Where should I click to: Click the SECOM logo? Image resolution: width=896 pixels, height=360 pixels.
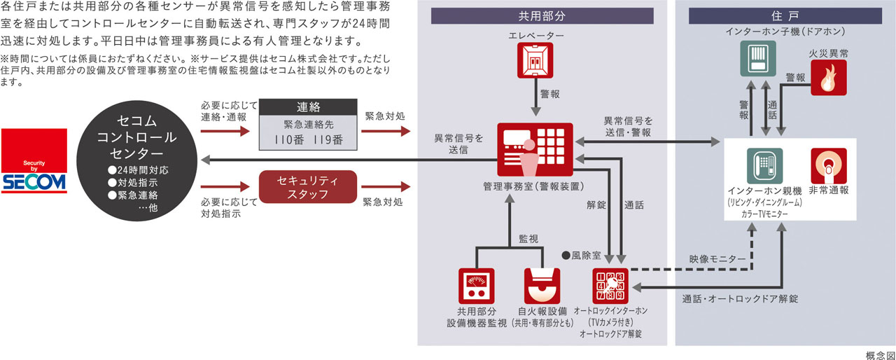click(x=34, y=161)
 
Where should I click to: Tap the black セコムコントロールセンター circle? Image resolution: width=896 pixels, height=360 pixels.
click(x=137, y=161)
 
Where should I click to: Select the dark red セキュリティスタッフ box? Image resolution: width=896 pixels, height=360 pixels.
click(x=308, y=187)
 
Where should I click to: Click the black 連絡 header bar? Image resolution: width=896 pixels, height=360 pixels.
click(x=308, y=108)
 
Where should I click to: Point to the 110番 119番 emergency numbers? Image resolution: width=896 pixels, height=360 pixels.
click(x=308, y=139)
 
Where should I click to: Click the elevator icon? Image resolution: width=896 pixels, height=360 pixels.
click(x=535, y=61)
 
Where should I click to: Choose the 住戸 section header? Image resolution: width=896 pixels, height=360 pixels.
click(x=784, y=15)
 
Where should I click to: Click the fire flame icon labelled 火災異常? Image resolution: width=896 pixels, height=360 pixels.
click(x=828, y=77)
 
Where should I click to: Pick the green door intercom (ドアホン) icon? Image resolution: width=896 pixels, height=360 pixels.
click(x=758, y=59)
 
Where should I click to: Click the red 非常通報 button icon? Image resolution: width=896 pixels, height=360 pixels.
click(x=828, y=165)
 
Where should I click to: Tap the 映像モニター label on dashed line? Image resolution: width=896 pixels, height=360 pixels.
click(x=717, y=260)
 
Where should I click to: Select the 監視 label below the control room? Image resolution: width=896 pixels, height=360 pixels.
click(x=528, y=238)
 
